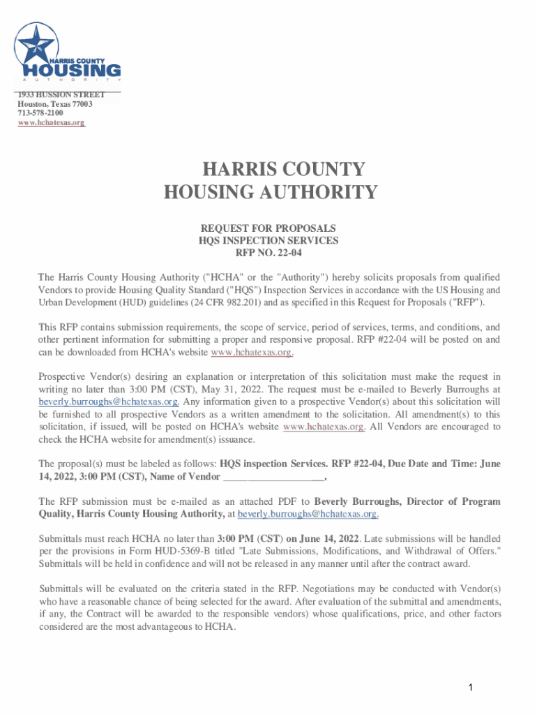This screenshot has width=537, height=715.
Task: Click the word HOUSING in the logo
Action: [x=73, y=71]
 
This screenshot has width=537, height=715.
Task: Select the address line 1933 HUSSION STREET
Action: [x=61, y=94]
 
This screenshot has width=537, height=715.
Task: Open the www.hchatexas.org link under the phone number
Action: [x=51, y=123]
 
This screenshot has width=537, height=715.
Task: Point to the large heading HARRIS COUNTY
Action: [x=283, y=170]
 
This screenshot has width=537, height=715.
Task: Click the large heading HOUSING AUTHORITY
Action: [x=271, y=192]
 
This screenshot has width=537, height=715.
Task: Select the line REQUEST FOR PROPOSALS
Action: [x=268, y=228]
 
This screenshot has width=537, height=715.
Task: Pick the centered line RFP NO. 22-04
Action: [x=268, y=252]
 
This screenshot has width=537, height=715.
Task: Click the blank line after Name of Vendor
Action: [x=273, y=477]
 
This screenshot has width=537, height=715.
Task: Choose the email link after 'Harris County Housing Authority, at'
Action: [x=308, y=514]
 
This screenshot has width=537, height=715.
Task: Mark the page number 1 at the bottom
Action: [x=471, y=688]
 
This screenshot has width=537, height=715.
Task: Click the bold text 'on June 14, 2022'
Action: [x=322, y=538]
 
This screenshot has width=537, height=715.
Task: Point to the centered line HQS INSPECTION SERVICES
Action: [x=268, y=240]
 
